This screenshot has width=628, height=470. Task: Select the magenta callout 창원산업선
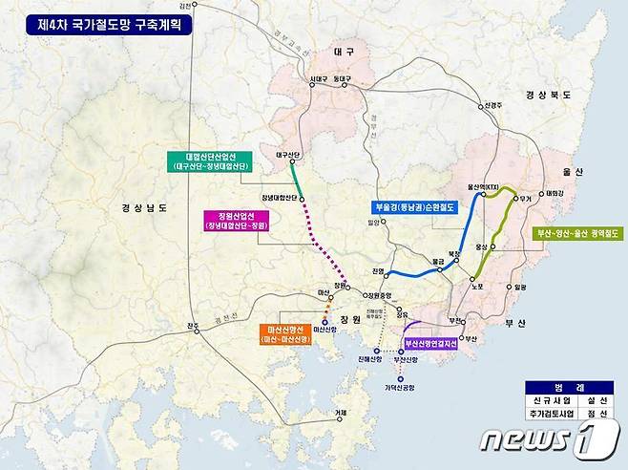(241, 221)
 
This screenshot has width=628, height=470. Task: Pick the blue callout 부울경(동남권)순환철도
(412, 206)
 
